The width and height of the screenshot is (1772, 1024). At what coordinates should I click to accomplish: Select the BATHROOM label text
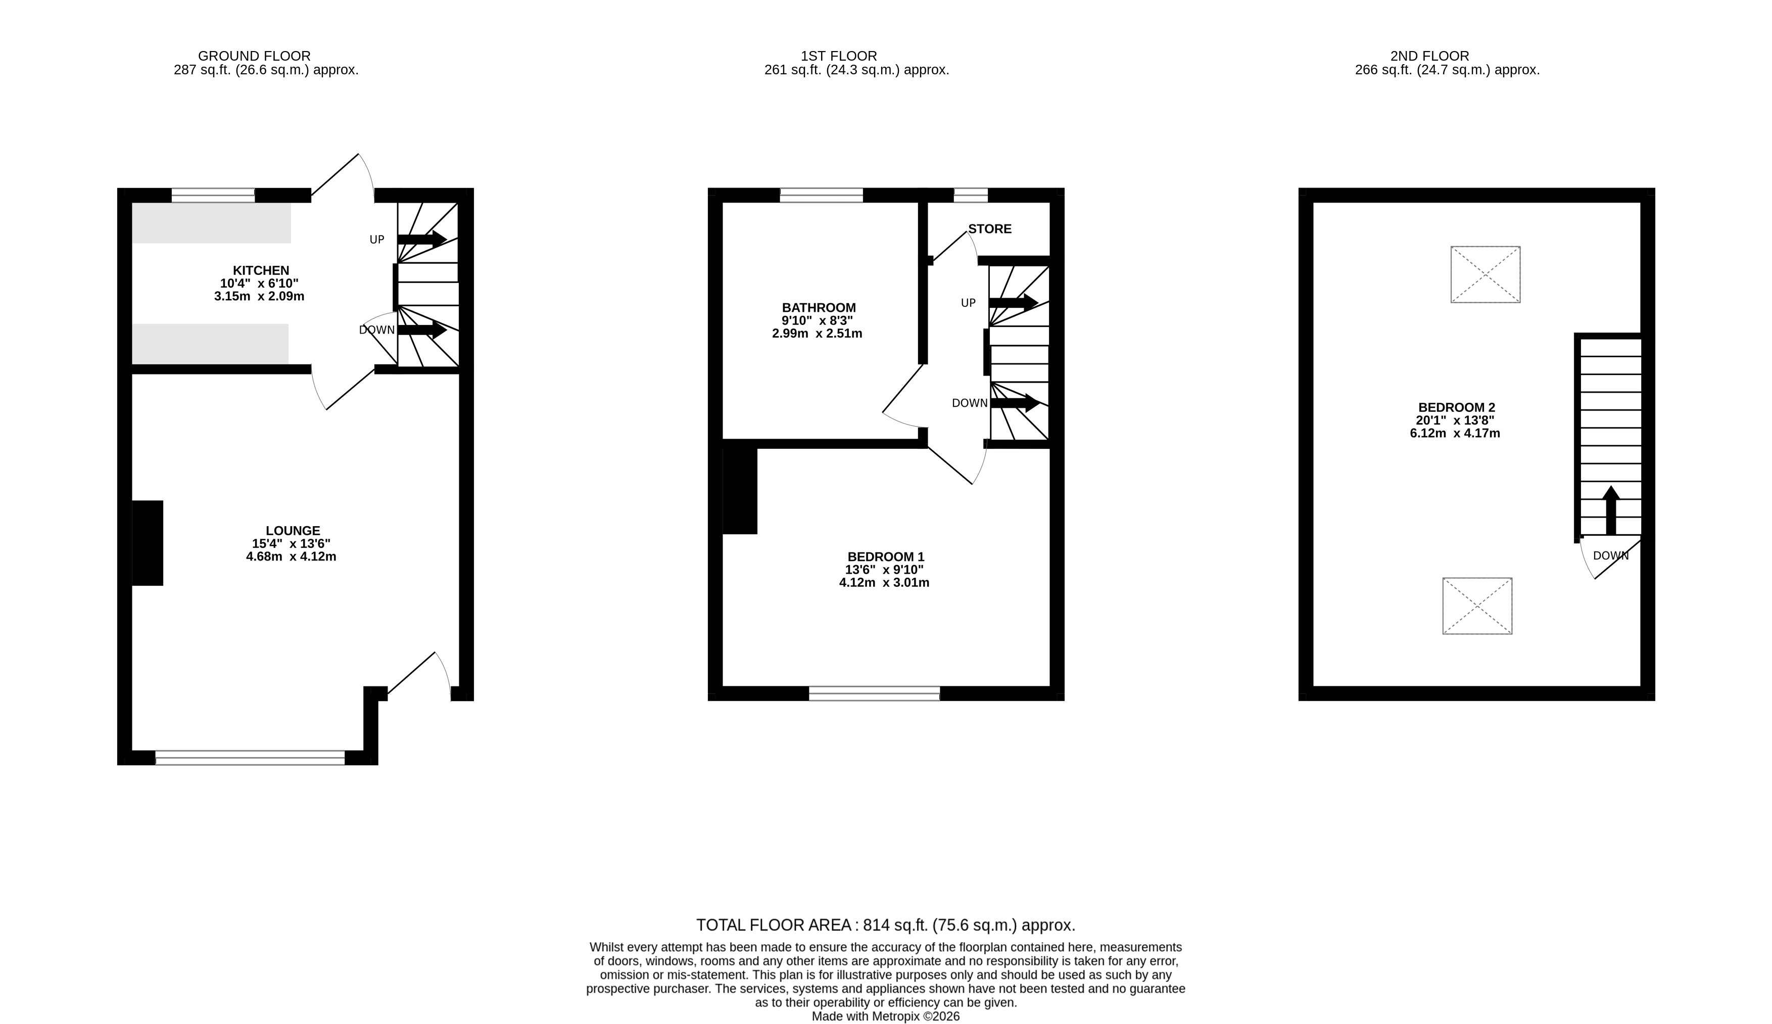coord(819,308)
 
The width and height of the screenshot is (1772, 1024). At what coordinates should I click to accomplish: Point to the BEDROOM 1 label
coord(886,557)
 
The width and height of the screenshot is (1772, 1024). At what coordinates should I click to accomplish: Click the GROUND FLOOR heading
coord(255,56)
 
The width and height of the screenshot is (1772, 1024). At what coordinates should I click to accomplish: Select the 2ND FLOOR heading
coord(1430,56)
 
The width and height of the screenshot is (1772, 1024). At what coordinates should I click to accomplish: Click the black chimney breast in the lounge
coord(148,543)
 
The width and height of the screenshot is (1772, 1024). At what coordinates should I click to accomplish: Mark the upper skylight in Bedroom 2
coord(1485,274)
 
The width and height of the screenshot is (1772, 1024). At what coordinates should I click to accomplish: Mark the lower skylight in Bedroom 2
coord(1477,606)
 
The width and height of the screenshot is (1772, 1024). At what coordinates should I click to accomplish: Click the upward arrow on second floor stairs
coord(1610,510)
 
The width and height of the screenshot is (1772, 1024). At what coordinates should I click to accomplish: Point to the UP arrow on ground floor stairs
coord(422,239)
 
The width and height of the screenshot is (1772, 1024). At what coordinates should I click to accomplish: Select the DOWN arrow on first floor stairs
coord(1015,403)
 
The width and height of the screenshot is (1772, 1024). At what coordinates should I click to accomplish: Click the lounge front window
coord(250,758)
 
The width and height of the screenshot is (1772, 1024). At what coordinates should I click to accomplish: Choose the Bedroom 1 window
coord(875,693)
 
